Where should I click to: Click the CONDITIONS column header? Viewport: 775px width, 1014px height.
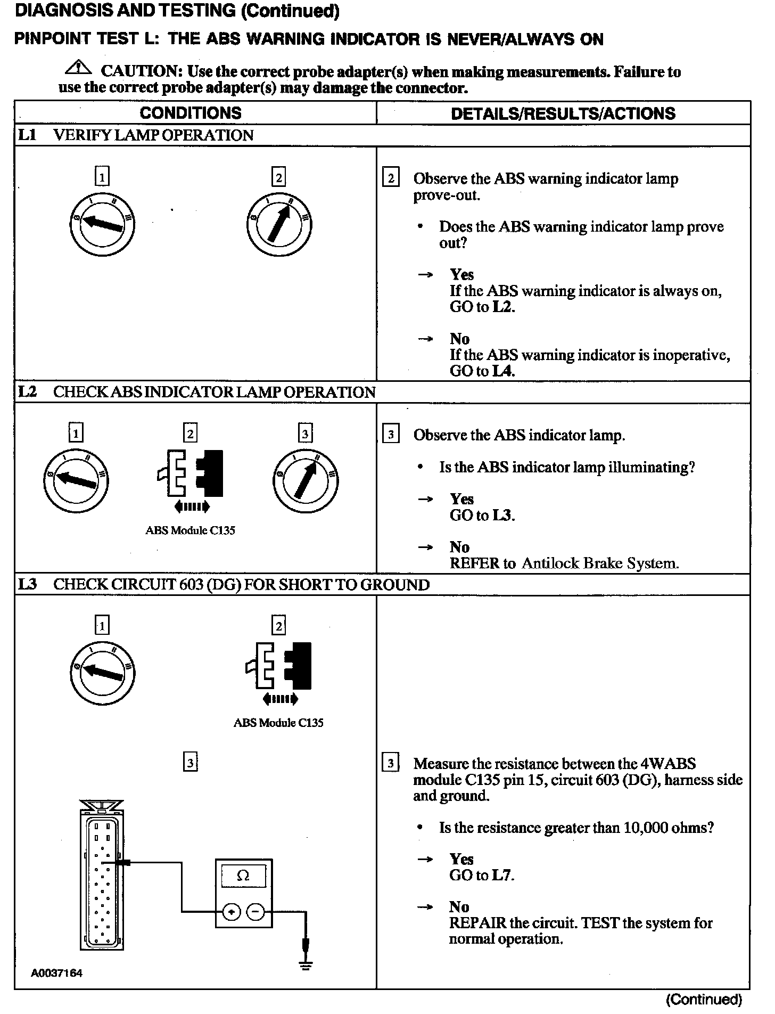[191, 113]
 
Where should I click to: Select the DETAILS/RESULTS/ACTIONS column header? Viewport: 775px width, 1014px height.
[563, 113]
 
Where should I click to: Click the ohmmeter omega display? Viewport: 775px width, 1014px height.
[243, 876]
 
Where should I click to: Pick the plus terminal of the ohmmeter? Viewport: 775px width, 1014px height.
[231, 912]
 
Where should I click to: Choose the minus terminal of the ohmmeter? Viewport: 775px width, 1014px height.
[255, 912]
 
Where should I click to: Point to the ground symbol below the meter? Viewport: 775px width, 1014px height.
[305, 964]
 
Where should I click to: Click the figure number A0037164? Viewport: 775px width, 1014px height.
[57, 974]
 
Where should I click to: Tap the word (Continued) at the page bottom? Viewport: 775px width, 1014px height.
[704, 1000]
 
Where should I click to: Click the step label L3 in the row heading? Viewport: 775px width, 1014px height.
[27, 584]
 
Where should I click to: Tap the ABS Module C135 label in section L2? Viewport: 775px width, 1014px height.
[190, 530]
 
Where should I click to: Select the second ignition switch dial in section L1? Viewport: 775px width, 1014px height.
[279, 224]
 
